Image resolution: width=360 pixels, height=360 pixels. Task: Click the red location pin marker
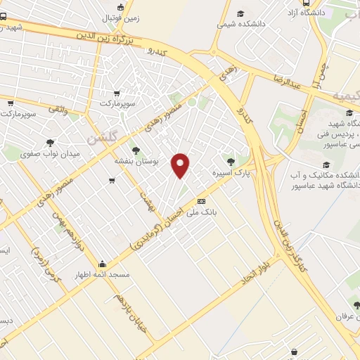[x=181, y=165]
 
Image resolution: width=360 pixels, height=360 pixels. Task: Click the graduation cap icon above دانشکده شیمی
[x=240, y=13]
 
